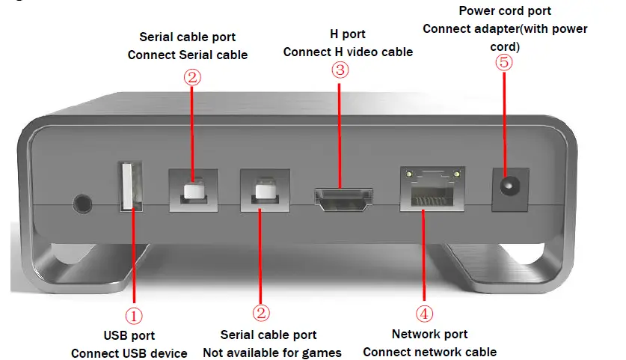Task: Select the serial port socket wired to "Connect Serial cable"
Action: coord(192,190)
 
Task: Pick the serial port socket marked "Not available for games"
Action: coord(263,192)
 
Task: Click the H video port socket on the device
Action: coord(343,198)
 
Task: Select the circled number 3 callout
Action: coord(340,70)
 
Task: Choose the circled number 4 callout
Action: coord(424,313)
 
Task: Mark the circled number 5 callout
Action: coord(505,62)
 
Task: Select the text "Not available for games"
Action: coord(272,353)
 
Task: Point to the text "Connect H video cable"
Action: coord(348,52)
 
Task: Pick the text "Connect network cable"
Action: coord(429,352)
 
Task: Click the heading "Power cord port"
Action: coord(505,11)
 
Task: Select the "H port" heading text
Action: coord(347,34)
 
